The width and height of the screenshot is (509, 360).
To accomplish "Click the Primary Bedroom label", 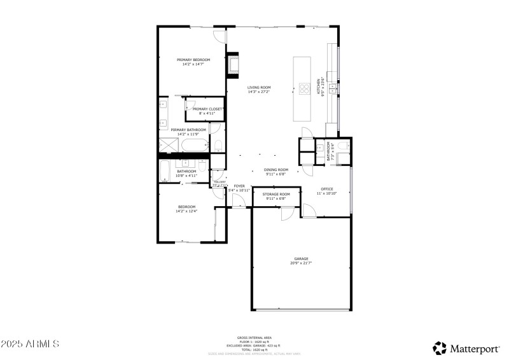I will point(193,60).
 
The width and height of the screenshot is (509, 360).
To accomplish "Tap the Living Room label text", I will point(260,87).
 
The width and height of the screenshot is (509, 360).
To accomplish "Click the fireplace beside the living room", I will point(233,65).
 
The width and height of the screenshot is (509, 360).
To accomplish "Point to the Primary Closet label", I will point(208,109).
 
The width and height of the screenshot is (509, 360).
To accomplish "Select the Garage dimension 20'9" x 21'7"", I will point(301,263).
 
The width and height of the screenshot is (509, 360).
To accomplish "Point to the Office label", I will point(327,189).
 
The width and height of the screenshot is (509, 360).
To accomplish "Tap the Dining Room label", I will point(276,170).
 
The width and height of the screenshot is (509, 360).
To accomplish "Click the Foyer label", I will point(239,186).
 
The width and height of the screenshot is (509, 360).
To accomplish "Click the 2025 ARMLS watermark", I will point(30,344).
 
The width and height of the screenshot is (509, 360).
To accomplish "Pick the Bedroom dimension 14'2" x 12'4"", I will point(186,211).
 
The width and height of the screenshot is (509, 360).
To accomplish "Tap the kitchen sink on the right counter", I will point(332,88).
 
